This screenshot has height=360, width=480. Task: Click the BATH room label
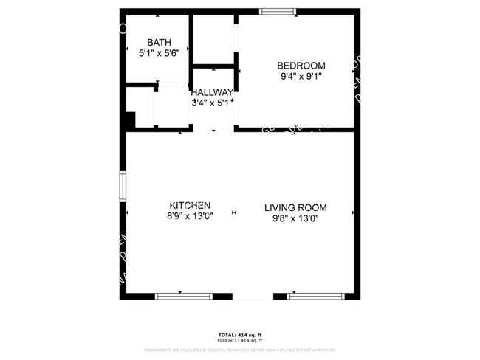tap(159, 42)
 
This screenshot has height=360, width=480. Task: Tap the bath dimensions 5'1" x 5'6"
tap(159, 53)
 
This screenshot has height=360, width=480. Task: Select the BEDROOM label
tap(301, 66)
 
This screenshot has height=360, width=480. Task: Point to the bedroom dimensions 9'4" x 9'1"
tap(301, 76)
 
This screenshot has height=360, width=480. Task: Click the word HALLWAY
tap(212, 93)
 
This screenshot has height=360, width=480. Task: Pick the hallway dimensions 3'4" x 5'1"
tap(212, 103)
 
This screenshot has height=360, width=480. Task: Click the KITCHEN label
tap(191, 206)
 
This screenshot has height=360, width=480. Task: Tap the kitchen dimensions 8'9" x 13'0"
tap(191, 217)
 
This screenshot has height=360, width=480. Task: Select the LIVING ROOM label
tap(295, 208)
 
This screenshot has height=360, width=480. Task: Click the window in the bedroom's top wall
tap(278, 12)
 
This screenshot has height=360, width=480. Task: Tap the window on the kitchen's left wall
tap(123, 186)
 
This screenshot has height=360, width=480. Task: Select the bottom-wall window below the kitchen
tap(184, 296)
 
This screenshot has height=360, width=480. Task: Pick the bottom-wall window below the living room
tap(315, 296)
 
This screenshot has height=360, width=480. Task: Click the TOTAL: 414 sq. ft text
tap(239, 335)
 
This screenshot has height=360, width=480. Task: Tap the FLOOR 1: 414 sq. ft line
tap(239, 340)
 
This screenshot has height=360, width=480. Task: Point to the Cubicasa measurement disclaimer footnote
tap(239, 350)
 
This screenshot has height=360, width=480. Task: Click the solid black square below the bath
tap(131, 120)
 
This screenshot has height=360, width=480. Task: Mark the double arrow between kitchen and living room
tap(234, 212)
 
